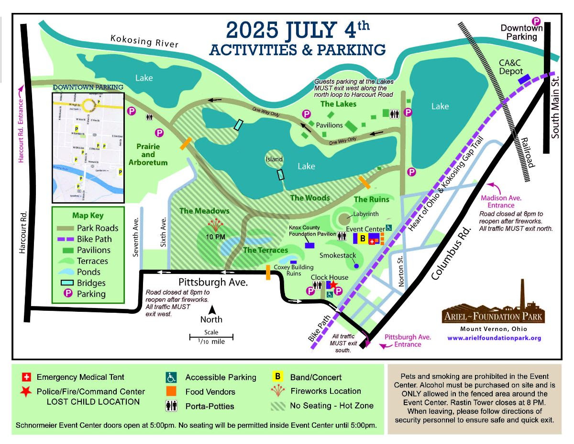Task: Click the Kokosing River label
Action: click(x=144, y=41)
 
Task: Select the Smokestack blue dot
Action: click(x=355, y=266)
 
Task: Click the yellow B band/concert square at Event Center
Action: click(x=362, y=238)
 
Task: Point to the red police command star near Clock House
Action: click(x=333, y=285)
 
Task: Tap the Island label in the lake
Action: click(x=275, y=159)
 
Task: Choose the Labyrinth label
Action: click(x=365, y=214)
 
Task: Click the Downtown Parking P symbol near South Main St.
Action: click(x=536, y=21)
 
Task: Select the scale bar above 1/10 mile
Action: click(x=211, y=336)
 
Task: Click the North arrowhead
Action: click(x=211, y=310)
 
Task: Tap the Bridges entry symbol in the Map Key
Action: click(x=66, y=283)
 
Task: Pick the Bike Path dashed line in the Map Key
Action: click(x=66, y=239)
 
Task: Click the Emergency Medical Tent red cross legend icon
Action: click(x=26, y=377)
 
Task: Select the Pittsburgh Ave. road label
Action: click(x=213, y=282)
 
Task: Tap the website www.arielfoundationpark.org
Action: click(x=494, y=338)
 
